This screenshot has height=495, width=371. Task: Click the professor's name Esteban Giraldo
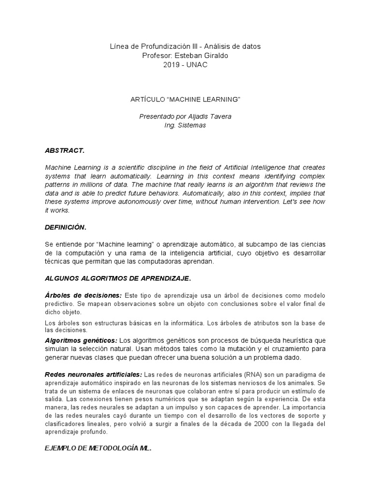[204, 56]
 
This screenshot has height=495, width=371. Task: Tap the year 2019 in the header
[172, 65]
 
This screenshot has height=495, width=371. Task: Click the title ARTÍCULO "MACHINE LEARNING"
[185, 99]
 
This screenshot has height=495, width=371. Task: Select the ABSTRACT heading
[64, 150]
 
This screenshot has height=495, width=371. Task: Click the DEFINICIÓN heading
[66, 228]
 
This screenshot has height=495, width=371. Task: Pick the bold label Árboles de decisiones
[83, 295]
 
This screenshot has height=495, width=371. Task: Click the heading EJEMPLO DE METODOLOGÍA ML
[98, 448]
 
